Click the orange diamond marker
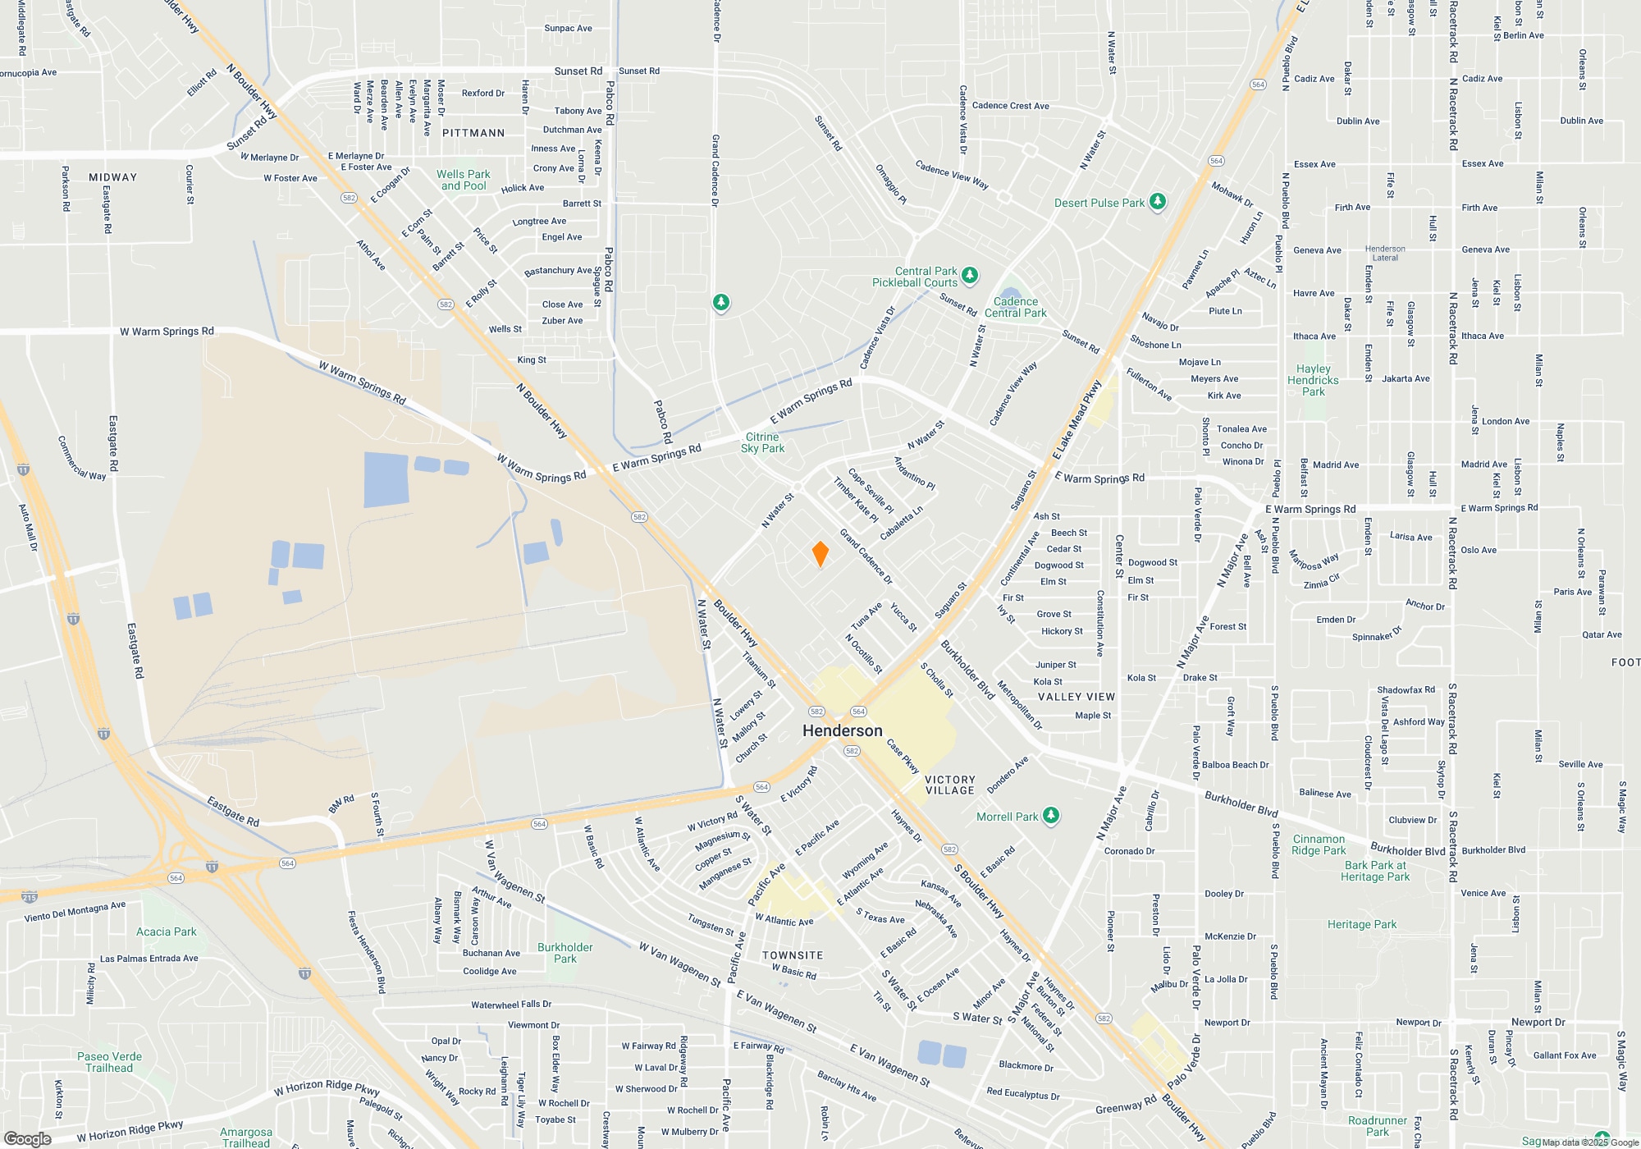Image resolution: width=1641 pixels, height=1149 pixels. tap(820, 554)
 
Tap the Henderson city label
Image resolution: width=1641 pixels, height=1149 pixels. tap(842, 730)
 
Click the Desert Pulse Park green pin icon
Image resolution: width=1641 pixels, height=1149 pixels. tap(1158, 202)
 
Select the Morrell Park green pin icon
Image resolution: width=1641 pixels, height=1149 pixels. tap(1051, 816)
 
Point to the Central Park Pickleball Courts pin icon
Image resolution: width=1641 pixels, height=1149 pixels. tap(970, 275)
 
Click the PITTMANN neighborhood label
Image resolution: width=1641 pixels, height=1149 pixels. tap(473, 133)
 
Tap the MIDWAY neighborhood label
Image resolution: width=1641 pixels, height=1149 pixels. tap(113, 177)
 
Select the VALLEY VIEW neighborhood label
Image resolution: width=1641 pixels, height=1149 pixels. tap(1076, 697)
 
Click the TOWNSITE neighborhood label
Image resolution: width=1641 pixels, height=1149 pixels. tap(792, 955)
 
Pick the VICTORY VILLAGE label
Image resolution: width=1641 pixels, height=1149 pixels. tap(949, 785)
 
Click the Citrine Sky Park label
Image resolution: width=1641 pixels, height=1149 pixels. tap(762, 442)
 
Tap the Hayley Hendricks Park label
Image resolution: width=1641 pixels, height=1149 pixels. tap(1313, 380)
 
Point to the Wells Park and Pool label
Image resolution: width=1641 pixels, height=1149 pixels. tap(464, 180)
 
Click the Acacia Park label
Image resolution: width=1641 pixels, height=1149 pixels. tap(167, 932)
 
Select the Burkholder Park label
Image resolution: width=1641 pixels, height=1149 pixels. tap(565, 953)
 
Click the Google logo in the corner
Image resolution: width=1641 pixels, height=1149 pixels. tap(27, 1138)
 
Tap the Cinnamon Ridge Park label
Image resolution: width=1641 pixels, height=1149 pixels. tap(1319, 845)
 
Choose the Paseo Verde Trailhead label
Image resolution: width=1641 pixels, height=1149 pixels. tap(109, 1062)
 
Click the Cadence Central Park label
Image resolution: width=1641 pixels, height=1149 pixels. tap(1015, 307)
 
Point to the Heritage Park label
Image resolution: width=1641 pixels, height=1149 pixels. tap(1362, 924)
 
